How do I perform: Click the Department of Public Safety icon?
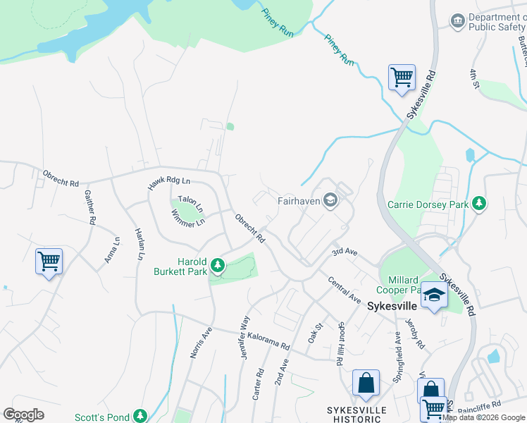[458, 20]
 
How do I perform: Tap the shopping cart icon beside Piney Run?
[402, 76]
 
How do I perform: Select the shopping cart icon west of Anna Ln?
[49, 261]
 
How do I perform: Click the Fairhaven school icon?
[330, 201]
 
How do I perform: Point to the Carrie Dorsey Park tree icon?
[479, 204]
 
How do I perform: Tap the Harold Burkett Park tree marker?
[218, 266]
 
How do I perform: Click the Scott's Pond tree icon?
[140, 416]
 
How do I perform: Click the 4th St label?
[474, 79]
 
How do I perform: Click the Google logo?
[23, 415]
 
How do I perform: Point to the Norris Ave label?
[200, 342]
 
